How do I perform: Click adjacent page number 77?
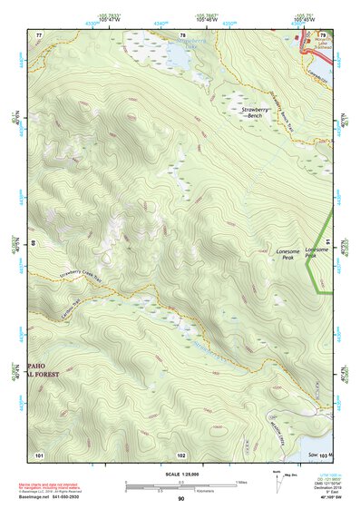click(39, 34)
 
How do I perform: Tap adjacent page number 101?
click(39, 454)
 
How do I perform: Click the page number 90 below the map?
click(180, 498)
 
